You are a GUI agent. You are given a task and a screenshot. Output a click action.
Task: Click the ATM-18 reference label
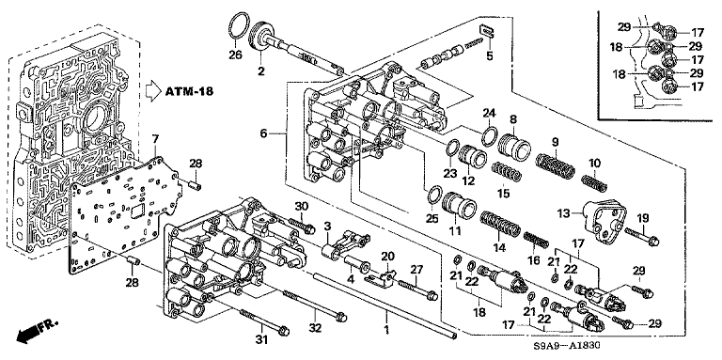point(189,91)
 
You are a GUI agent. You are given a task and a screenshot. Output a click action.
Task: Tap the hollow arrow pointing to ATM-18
point(153,91)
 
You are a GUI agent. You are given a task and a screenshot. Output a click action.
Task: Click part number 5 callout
point(489,56)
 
